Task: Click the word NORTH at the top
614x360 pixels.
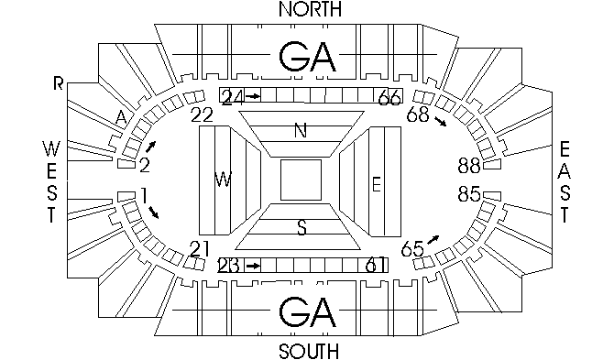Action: click(x=309, y=10)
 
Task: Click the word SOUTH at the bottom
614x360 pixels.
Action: click(x=309, y=352)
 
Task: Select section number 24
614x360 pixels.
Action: click(x=233, y=96)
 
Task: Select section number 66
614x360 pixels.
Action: click(x=389, y=96)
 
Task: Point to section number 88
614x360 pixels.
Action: click(x=470, y=166)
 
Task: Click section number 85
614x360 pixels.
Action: click(x=470, y=194)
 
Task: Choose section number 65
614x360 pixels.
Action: click(x=413, y=248)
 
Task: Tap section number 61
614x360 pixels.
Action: click(x=375, y=266)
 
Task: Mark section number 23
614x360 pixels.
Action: click(x=230, y=266)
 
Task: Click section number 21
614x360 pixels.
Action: click(x=201, y=248)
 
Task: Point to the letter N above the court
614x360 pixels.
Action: click(x=301, y=131)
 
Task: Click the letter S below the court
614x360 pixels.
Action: click(x=301, y=226)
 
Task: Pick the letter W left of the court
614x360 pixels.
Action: click(x=223, y=179)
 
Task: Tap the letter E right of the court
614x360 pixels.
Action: click(x=376, y=184)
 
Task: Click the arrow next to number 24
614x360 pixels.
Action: click(x=255, y=96)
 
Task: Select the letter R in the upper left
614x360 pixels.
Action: click(x=59, y=84)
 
